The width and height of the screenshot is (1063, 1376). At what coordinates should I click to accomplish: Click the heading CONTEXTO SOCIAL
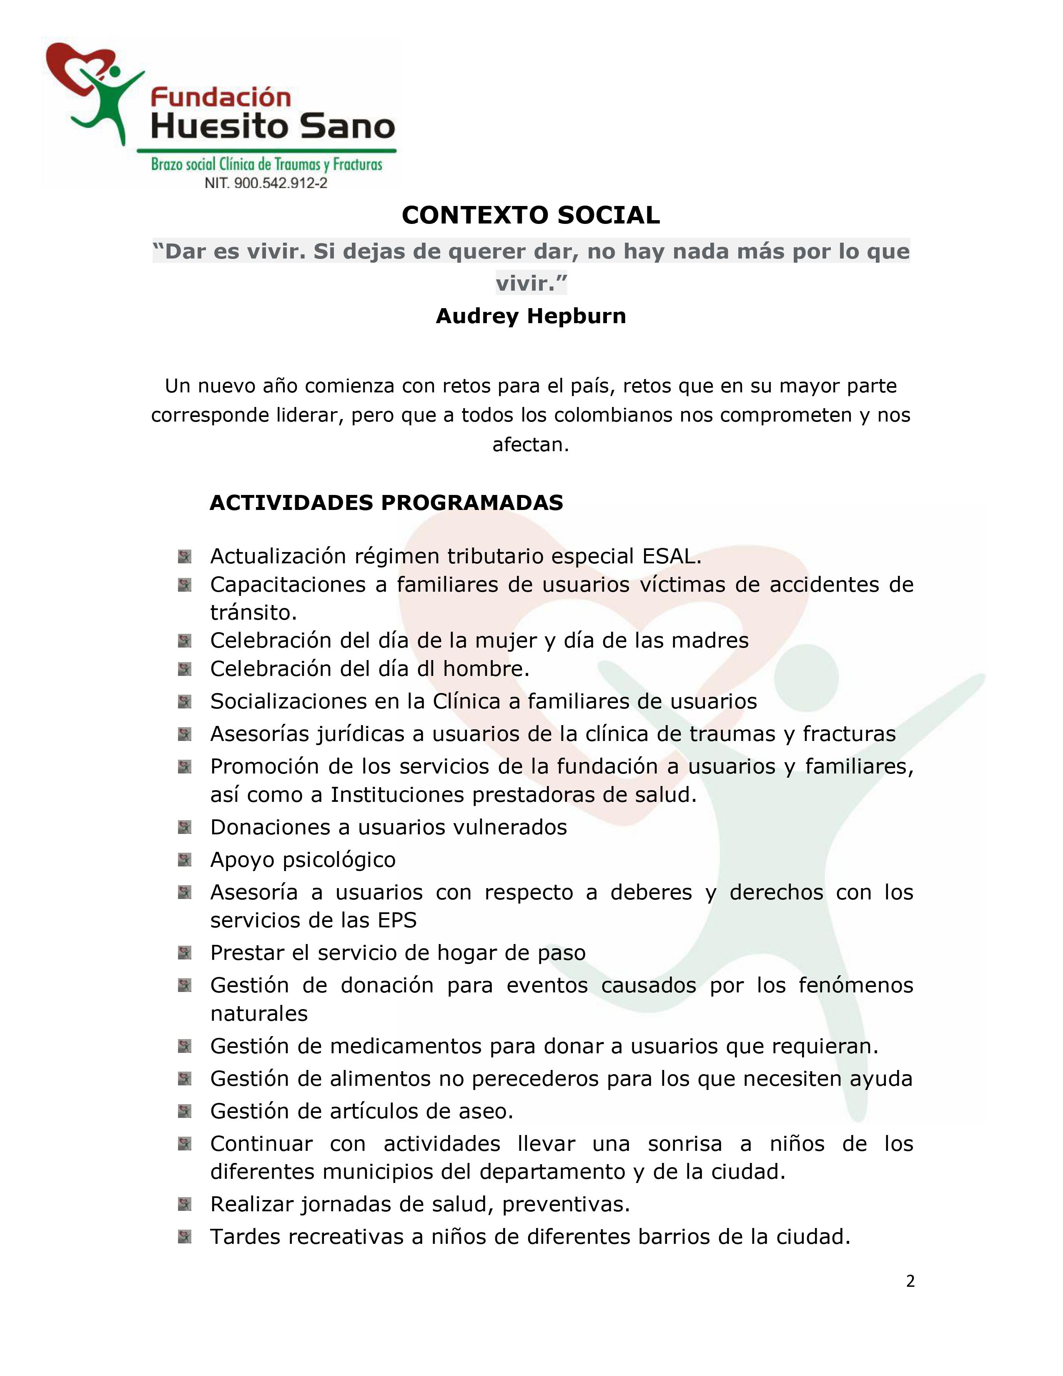530,216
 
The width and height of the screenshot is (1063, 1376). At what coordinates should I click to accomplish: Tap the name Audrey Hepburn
530,316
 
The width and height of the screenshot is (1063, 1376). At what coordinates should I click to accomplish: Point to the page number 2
910,1281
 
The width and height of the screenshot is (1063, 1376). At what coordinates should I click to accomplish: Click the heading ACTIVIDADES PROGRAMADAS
386,503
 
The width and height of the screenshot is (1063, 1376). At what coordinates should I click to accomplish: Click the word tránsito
253,613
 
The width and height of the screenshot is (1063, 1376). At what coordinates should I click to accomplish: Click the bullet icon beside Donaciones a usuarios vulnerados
185,826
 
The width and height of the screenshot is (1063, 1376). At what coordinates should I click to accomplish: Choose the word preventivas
566,1204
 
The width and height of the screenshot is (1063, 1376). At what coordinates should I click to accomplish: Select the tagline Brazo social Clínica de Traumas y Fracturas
266,164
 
